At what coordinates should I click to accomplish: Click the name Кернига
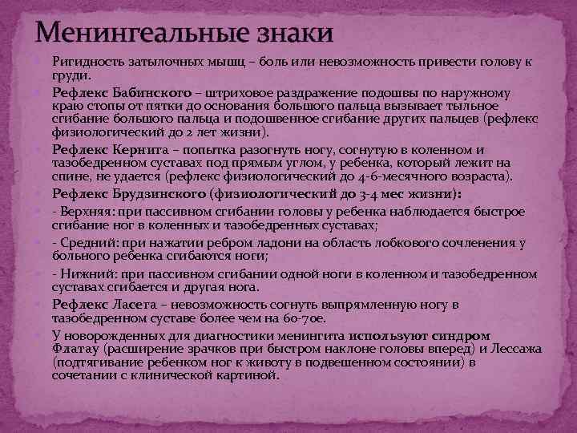(141, 148)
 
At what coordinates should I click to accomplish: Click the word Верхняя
(84, 211)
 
